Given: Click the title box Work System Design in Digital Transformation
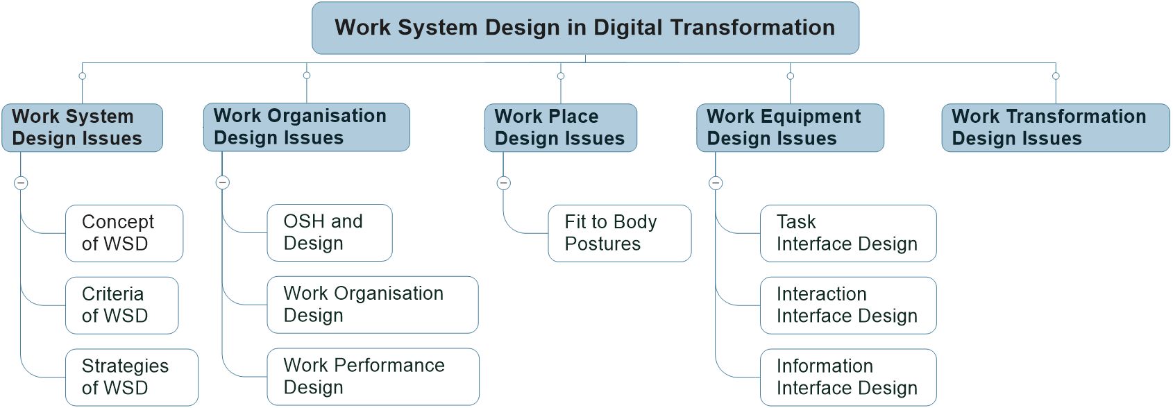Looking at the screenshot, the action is [585, 28].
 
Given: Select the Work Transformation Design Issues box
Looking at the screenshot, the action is [1056, 128].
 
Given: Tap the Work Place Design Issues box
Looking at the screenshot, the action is [561, 128].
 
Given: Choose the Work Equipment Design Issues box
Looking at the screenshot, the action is [790, 128].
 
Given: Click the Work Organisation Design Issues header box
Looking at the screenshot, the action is [307, 127].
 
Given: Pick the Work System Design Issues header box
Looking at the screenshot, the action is [82, 128].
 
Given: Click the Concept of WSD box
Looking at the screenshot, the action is [124, 233].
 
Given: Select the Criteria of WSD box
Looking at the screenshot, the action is [122, 305].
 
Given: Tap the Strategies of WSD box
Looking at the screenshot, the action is [132, 377].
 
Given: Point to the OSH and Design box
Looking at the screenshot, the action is [330, 232].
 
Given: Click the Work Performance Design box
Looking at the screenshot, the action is [373, 377].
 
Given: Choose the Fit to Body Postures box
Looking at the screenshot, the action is [620, 233].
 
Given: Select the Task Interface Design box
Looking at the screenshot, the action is [848, 233].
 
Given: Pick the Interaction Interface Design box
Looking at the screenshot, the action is [848, 305].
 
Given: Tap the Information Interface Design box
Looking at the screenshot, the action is [848, 377].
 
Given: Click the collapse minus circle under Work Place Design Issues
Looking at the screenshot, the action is [504, 183].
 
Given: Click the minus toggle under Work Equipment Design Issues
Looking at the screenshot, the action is [716, 183].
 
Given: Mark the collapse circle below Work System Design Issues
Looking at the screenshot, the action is [21, 183].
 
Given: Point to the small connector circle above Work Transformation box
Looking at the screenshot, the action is [1056, 76].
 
